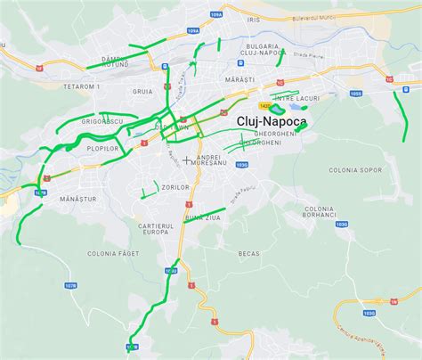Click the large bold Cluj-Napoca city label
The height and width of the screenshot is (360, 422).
click(272, 120)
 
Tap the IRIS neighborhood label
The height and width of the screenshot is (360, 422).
click(254, 19)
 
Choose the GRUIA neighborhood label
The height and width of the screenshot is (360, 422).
click(142, 90)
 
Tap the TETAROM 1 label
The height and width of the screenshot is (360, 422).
click(82, 86)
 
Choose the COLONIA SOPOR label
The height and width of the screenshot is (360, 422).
click(354, 169)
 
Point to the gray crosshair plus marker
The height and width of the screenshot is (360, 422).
click(186, 160)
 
